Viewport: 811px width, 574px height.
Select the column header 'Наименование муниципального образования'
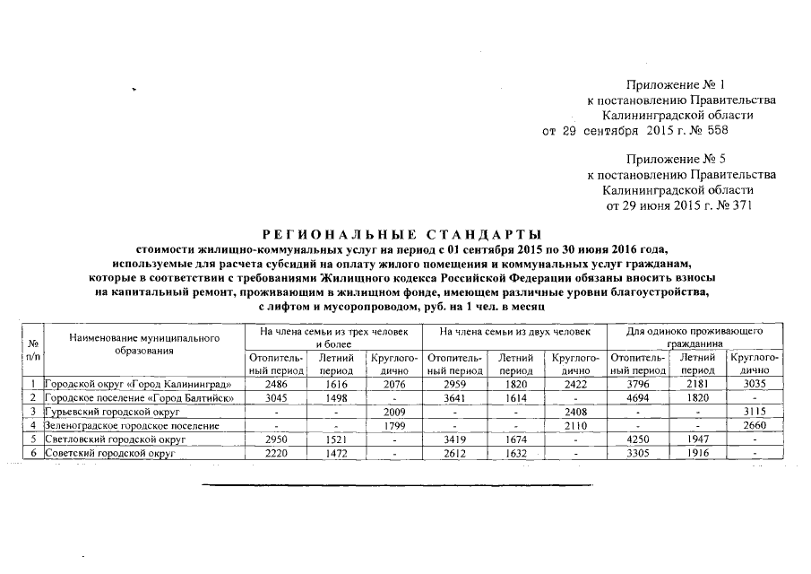(x=143, y=344)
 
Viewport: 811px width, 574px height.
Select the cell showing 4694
(x=634, y=397)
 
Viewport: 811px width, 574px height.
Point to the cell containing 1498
(x=336, y=397)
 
